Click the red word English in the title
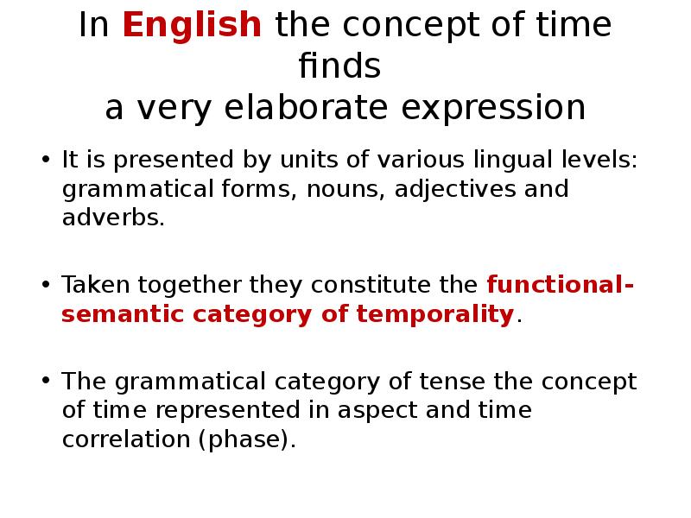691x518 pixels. [192, 26]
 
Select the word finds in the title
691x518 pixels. [339, 67]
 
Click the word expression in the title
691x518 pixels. [494, 109]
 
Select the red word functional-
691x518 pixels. [560, 285]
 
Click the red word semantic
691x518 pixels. [123, 313]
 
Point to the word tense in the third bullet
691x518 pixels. [451, 382]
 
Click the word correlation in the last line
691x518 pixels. [126, 438]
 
